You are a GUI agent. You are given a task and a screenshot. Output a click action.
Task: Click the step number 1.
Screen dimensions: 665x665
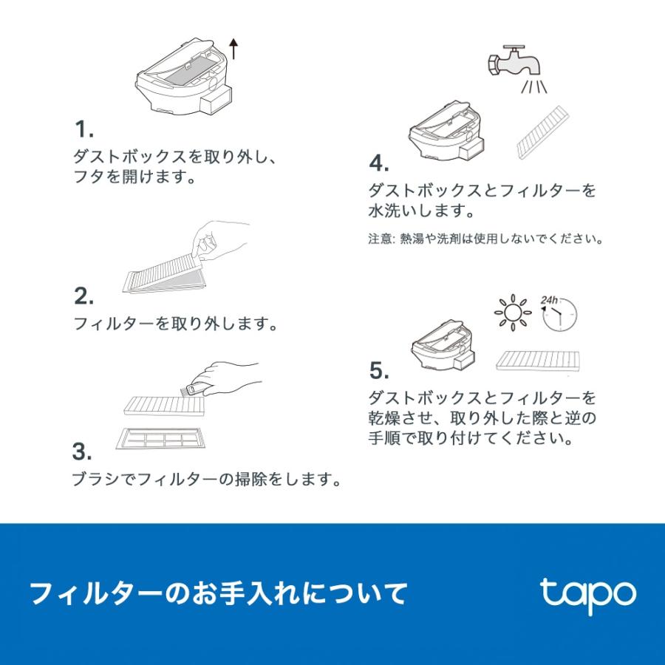click(x=83, y=131)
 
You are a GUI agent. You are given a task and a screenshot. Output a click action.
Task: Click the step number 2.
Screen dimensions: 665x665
click(x=83, y=297)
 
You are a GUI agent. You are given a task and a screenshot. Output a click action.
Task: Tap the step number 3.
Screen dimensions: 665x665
click(x=83, y=451)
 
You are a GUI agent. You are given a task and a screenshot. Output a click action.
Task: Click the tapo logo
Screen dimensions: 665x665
click(x=587, y=595)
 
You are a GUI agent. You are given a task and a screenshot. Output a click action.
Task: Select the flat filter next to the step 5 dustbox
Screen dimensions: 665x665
click(x=538, y=361)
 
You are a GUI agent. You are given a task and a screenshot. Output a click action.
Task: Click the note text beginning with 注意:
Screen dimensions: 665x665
click(x=485, y=240)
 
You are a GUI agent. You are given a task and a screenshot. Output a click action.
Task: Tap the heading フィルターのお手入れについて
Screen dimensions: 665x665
click(x=218, y=593)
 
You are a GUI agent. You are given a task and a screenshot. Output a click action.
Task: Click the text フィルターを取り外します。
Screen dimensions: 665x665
click(x=176, y=324)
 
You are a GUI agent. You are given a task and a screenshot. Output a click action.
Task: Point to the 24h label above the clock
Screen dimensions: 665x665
click(x=548, y=300)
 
